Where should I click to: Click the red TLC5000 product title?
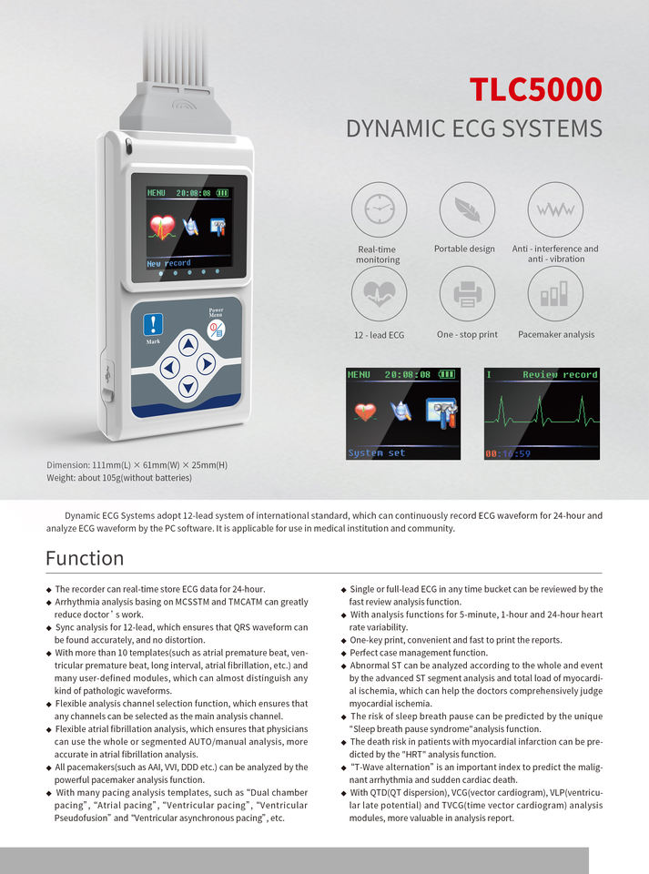point(535,89)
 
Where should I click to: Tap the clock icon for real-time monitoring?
point(378,210)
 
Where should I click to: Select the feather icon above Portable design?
point(467,209)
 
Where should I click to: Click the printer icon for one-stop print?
point(467,293)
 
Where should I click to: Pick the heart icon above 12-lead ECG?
point(378,293)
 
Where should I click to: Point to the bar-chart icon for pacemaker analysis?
point(555,293)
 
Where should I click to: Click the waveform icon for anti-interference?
point(555,209)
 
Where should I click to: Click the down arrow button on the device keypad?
point(188,386)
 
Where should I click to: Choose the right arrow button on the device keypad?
point(207,365)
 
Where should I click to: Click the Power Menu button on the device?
point(216,327)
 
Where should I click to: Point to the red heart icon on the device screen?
point(163,226)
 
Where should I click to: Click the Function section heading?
point(85,558)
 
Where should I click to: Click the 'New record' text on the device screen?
point(169,263)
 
